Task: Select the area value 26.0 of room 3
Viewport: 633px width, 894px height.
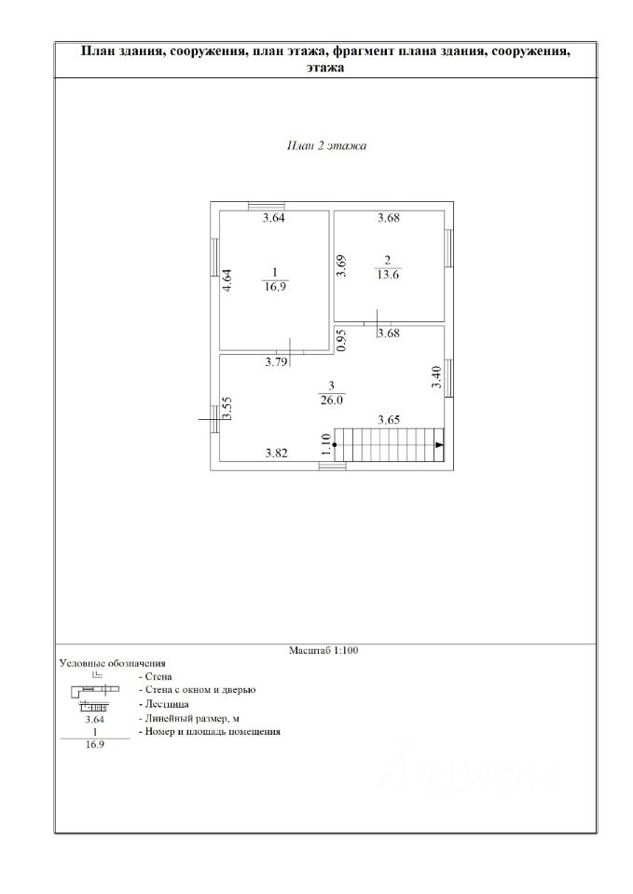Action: point(331,400)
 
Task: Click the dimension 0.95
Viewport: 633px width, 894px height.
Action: point(341,341)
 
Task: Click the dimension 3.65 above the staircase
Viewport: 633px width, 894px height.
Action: point(389,421)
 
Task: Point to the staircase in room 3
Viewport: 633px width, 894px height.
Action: point(388,444)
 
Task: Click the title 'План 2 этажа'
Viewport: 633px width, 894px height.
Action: point(326,146)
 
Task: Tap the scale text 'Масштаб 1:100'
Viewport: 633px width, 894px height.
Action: point(323,650)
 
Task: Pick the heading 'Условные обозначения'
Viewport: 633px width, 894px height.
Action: point(112,663)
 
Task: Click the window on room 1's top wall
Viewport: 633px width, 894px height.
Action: point(265,206)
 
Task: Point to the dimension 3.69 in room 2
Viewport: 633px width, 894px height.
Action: point(342,267)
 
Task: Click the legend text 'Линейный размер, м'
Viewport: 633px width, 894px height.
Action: point(188,718)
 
